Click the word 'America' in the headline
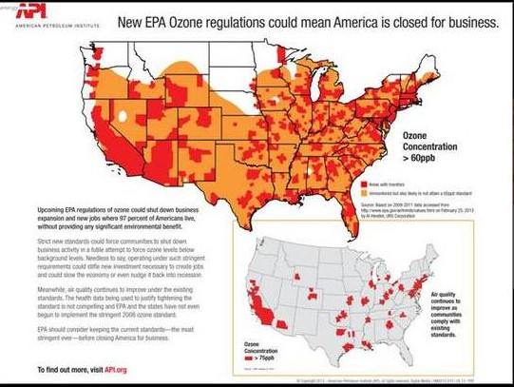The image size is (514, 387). point(361,22)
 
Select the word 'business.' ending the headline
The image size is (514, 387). point(464,22)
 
